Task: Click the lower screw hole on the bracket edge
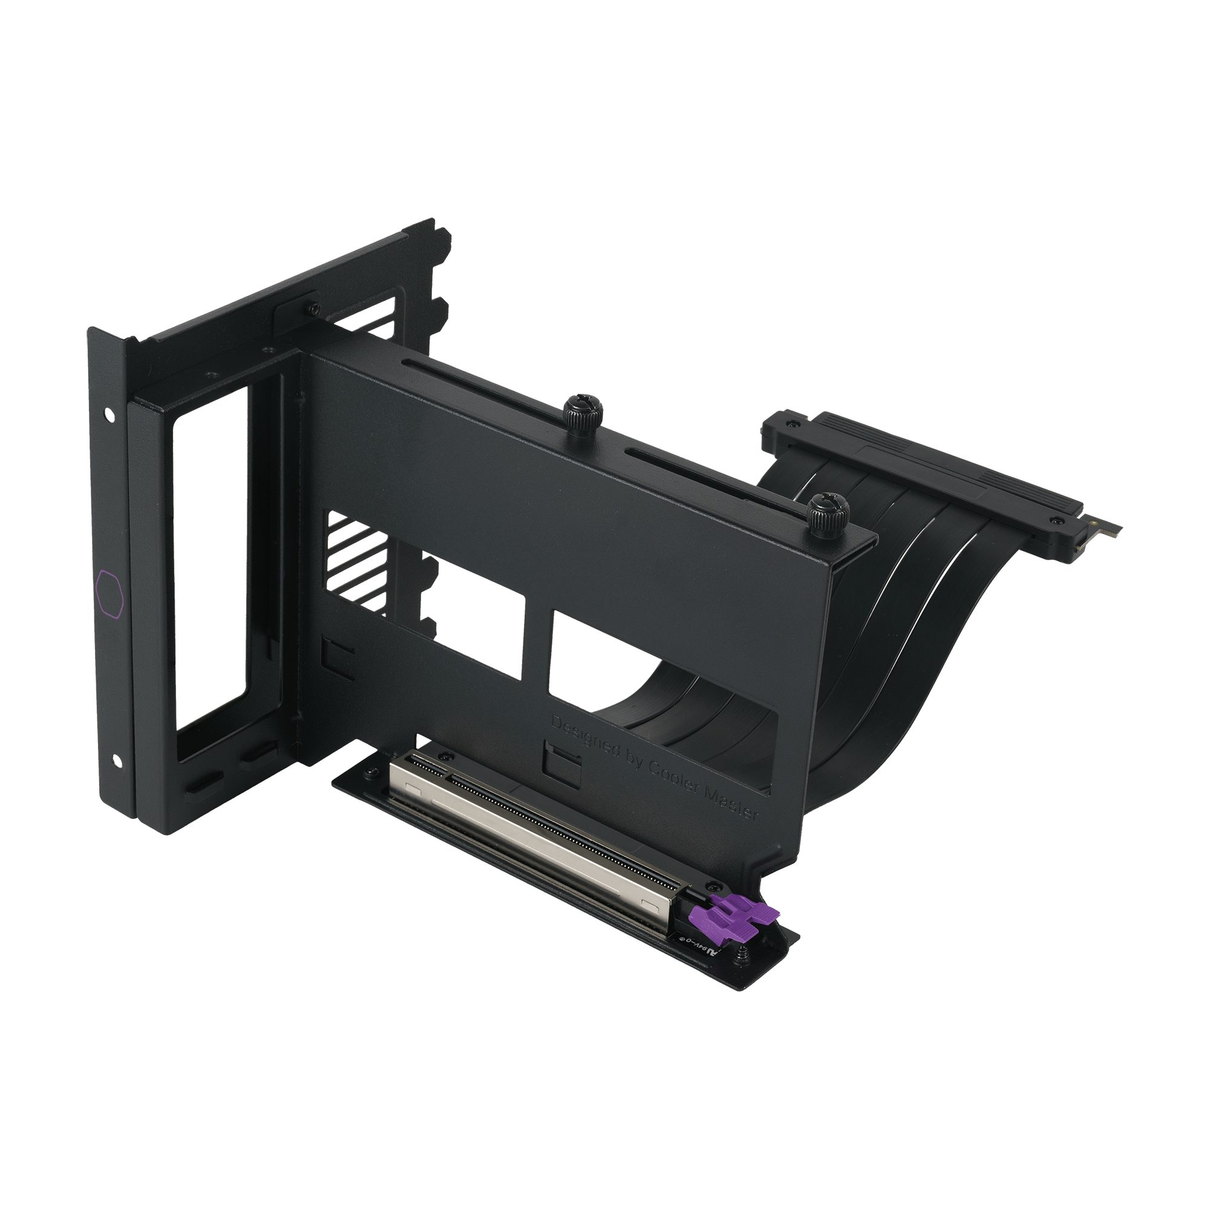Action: coord(117,760)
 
